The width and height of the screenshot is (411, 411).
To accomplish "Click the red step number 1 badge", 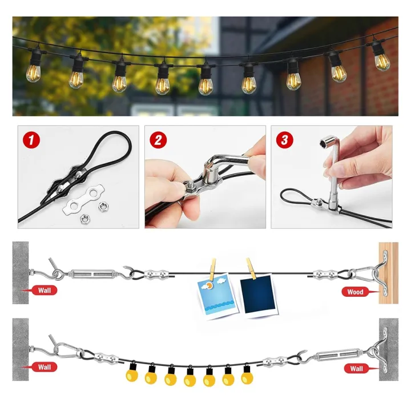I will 29,139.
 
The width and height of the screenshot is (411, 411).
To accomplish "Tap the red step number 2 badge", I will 156,139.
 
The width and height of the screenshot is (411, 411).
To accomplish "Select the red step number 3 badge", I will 283,139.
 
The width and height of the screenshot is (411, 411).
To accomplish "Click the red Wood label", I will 354,292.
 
